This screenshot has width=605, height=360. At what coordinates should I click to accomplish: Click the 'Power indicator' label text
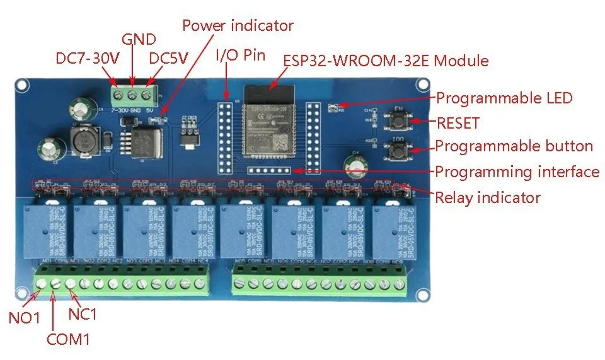(x=238, y=26)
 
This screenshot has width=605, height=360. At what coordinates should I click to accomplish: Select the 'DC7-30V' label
(x=87, y=59)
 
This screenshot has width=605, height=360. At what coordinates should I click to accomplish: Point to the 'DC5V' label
(x=169, y=59)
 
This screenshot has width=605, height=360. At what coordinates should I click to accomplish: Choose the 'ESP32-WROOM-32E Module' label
(x=386, y=61)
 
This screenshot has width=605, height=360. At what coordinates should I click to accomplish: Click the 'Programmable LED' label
(x=504, y=98)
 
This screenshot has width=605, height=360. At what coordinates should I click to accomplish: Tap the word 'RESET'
(x=458, y=123)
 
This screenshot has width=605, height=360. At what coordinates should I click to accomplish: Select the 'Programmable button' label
(x=514, y=147)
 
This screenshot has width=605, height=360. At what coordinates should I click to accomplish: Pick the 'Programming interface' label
(x=517, y=171)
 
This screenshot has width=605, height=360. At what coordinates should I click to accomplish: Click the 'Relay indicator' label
(x=488, y=197)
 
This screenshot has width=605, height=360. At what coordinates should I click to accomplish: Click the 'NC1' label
(x=83, y=313)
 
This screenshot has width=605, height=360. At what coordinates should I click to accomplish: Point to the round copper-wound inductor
(x=83, y=141)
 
